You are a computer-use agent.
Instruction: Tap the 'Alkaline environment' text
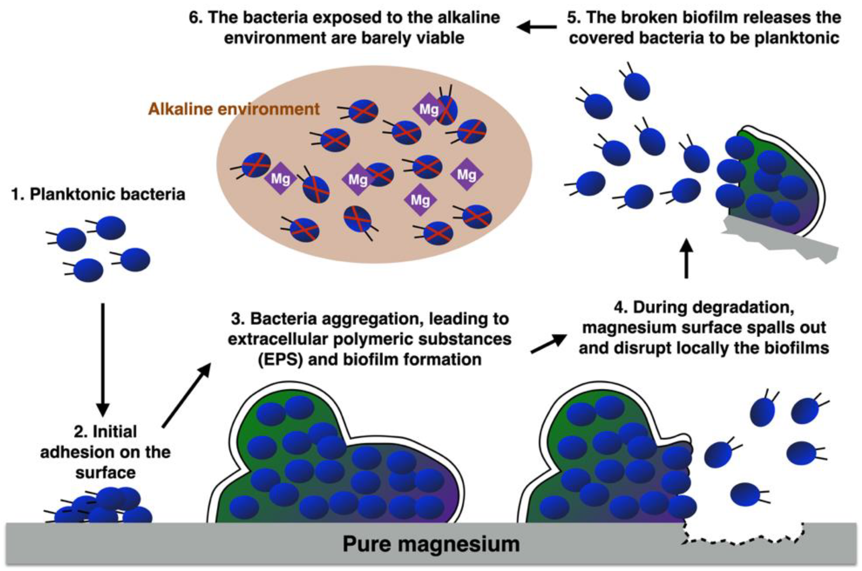point(234,109)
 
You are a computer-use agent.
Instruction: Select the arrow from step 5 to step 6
point(537,27)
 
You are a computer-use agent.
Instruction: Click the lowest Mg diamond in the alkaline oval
point(420,200)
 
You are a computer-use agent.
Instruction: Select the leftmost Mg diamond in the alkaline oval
point(280,178)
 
